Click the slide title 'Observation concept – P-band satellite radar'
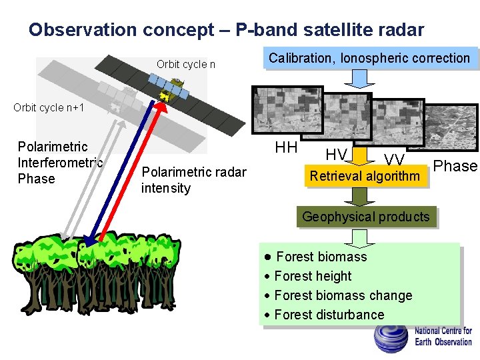point(226,30)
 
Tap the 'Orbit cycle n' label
point(185,65)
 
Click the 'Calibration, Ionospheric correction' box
point(369,58)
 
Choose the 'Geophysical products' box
point(366,217)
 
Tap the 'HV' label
point(336,155)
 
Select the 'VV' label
point(394,159)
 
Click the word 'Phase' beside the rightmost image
point(455,166)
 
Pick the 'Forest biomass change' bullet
point(342,295)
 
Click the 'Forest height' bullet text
point(312,276)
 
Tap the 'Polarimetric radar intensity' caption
point(193,180)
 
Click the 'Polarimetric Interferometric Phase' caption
point(59,163)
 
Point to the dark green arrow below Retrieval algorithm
point(360,196)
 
